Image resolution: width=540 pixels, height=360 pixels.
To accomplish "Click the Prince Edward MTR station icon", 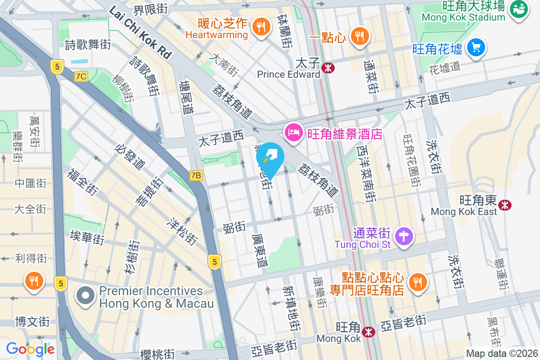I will click(328, 67).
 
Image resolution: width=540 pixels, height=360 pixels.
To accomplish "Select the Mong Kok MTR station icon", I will click(369, 332).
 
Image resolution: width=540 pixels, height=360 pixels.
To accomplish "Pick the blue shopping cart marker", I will click(476, 48).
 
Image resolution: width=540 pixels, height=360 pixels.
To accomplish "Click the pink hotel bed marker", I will click(293, 133).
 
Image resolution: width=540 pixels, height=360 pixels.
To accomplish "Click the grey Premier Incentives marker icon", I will click(86, 297).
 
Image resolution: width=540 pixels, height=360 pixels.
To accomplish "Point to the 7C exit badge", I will click(81, 76).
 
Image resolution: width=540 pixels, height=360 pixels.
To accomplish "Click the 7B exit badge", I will click(196, 175).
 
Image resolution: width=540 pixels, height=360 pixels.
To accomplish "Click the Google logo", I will click(30, 349).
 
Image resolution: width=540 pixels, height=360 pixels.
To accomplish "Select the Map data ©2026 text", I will click(502, 354).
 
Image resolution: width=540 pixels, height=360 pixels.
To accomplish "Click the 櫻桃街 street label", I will click(157, 354).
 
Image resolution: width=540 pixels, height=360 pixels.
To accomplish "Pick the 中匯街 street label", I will click(31, 183).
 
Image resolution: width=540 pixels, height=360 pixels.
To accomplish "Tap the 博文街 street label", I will click(32, 322).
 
